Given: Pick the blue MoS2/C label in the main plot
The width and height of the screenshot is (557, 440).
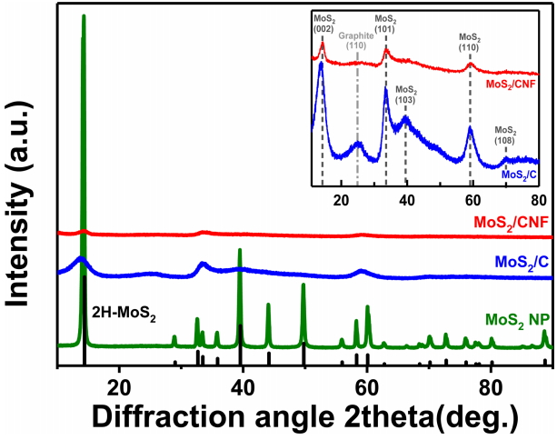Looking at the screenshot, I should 521,262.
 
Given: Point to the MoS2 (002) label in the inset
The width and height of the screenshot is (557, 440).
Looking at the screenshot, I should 323,23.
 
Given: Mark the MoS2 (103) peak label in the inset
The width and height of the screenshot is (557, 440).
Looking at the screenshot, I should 406,94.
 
